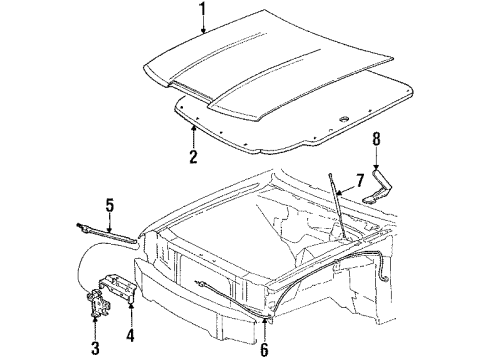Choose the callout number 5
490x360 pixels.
pos(110,206)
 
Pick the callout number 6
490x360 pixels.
pos(264,348)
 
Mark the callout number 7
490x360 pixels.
pos(359,181)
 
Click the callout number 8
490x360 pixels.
pos(376,139)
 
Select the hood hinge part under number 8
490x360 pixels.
pos(378,188)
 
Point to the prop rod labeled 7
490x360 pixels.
pos(337,206)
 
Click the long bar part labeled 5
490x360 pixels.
pos(107,233)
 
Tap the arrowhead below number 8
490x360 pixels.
pos(376,168)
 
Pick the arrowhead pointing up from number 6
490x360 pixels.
pos(264,321)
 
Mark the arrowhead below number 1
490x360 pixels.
pos(203,31)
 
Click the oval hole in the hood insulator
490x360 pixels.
pos(344,119)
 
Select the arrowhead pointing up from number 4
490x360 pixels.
pos(131,306)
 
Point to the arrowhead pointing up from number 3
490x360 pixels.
pos(95,319)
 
